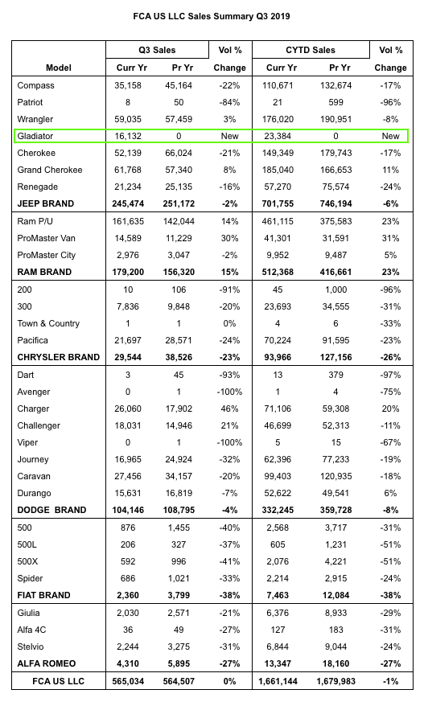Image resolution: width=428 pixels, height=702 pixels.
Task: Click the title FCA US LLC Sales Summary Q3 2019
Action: [x=212, y=17]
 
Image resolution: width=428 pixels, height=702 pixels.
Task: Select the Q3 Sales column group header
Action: [x=157, y=50]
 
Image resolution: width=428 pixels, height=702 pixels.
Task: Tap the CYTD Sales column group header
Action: [x=311, y=50]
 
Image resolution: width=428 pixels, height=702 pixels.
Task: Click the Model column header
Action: [x=58, y=68]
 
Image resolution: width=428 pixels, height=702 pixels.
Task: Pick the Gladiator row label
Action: [x=35, y=136]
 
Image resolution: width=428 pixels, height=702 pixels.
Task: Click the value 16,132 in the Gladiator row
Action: [x=128, y=136]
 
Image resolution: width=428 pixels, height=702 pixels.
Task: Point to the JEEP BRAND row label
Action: [x=45, y=203]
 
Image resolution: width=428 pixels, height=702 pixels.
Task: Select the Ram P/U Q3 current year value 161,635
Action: [x=128, y=221]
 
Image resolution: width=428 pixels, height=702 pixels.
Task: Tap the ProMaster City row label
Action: [x=46, y=255]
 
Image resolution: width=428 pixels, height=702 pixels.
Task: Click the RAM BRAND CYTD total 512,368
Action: [x=278, y=273]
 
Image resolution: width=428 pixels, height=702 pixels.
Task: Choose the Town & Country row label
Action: [x=48, y=324]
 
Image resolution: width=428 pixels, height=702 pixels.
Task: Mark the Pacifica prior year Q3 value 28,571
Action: [x=179, y=341]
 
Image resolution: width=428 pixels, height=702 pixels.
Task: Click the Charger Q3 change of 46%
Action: [x=229, y=408]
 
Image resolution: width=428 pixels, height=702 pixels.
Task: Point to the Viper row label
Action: [x=27, y=443]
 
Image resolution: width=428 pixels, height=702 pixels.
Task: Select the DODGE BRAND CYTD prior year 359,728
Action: [x=335, y=511]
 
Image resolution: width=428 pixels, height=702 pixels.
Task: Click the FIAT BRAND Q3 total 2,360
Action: [x=128, y=595]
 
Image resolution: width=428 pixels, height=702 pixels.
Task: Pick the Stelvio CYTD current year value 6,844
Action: [x=278, y=647]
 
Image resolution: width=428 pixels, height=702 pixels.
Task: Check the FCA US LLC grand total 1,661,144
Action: [x=278, y=681]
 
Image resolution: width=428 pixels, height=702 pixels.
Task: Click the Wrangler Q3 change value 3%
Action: [x=229, y=120]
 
